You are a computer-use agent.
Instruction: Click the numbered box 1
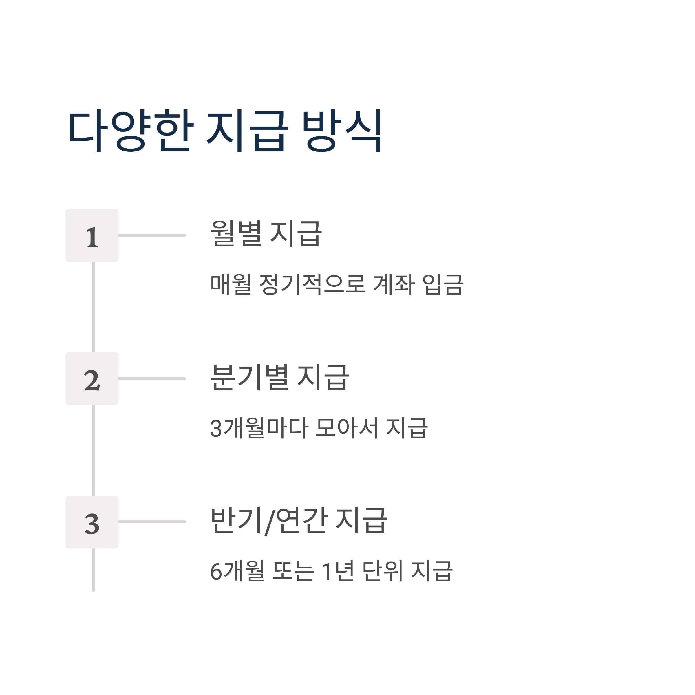click(x=92, y=235)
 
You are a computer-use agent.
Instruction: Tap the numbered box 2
click(x=92, y=379)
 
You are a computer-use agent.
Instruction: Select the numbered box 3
click(x=92, y=522)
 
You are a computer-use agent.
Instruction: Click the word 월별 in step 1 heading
click(x=236, y=233)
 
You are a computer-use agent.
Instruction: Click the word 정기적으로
click(x=312, y=284)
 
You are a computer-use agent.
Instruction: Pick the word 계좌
click(x=394, y=284)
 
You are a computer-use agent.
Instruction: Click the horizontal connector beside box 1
click(x=152, y=235)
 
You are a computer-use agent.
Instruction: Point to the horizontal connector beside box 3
click(x=152, y=522)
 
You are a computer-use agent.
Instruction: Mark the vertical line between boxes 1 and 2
click(x=94, y=307)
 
